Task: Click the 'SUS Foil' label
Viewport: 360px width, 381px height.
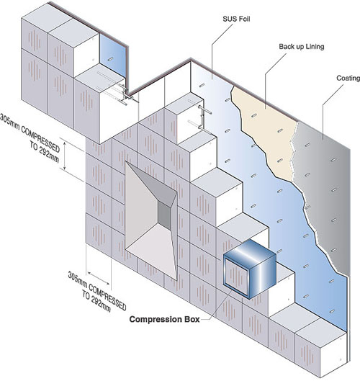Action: [236, 19]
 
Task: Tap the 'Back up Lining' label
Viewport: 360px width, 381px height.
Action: [302, 46]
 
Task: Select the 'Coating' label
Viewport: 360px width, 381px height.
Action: [348, 78]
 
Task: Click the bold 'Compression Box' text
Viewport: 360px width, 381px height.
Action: [164, 319]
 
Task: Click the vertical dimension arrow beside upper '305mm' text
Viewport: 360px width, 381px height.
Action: [64, 156]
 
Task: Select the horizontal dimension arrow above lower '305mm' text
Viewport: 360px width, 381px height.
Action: [98, 278]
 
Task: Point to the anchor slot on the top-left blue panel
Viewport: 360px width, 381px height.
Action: [109, 59]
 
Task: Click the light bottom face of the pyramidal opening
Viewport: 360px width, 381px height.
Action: [150, 250]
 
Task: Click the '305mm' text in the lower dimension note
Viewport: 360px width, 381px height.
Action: [77, 279]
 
